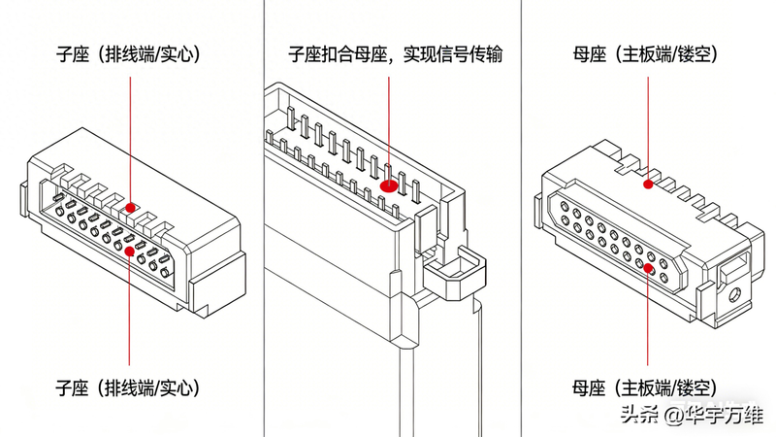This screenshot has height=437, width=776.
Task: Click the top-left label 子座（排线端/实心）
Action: (128, 55)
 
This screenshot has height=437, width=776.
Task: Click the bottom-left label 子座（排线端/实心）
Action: (128, 388)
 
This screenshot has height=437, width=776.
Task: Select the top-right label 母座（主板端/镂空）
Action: (646, 55)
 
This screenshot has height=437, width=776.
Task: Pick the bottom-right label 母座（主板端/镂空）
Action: (646, 388)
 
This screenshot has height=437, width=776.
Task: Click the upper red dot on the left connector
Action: (128, 207)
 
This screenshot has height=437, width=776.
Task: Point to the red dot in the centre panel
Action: (390, 180)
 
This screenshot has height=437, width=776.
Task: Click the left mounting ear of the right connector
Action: (535, 206)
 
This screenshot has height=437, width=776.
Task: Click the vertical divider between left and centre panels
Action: (263, 218)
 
